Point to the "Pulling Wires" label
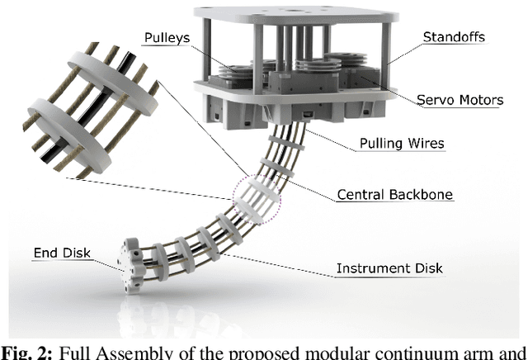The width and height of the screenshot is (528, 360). pyautogui.click(x=402, y=143)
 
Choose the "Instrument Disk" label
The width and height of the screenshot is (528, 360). pyautogui.click(x=389, y=268)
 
